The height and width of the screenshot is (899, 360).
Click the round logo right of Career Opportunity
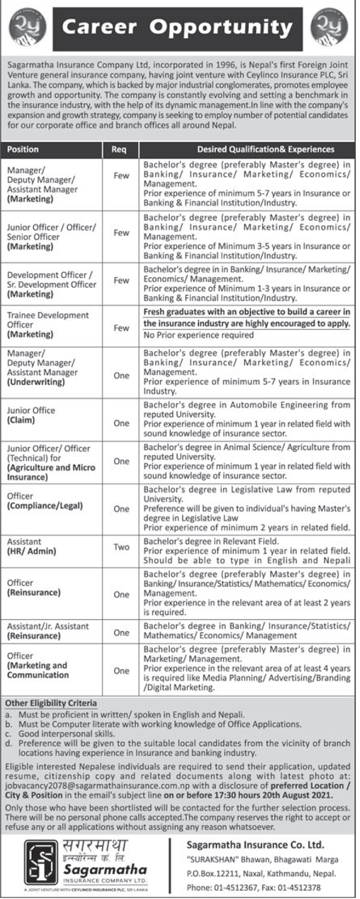pyautogui.click(x=330, y=29)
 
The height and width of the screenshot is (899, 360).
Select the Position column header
pyautogui.click(x=23, y=149)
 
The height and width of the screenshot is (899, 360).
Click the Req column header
pyautogui.click(x=119, y=149)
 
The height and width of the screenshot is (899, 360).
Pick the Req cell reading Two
pyautogui.click(x=121, y=547)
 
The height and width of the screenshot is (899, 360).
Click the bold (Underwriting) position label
pyautogui.click(x=35, y=382)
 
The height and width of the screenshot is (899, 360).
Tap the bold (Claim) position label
pyautogui.click(x=21, y=420)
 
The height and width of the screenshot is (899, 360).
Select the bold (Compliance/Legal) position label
pyautogui.click(x=45, y=506)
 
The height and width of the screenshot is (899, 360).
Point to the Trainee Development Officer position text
pyautogui.click(x=48, y=320)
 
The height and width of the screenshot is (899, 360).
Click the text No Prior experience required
pyautogui.click(x=198, y=335)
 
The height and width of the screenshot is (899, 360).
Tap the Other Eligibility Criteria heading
pyautogui.click(x=51, y=703)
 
